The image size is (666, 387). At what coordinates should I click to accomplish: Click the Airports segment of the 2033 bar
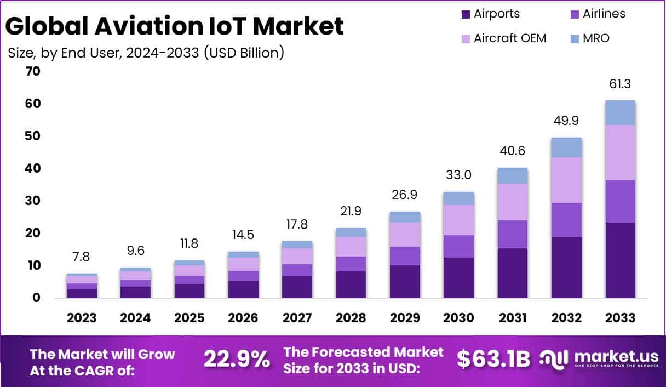pyautogui.click(x=620, y=260)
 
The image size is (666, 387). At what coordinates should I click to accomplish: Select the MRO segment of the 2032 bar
pyautogui.click(x=566, y=147)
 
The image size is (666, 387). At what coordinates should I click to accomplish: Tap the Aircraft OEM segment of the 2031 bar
pyautogui.click(x=513, y=202)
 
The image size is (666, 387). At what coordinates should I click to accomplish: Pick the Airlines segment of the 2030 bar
pyautogui.click(x=459, y=246)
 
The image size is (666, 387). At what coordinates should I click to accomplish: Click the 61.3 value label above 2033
pyautogui.click(x=620, y=84)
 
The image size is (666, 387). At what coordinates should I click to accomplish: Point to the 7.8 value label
pyautogui.click(x=82, y=257)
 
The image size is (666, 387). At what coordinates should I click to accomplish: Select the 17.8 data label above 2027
pyautogui.click(x=297, y=225)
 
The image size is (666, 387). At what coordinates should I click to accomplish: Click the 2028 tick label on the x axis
pyautogui.click(x=351, y=318)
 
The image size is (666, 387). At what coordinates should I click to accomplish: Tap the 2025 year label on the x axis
pyautogui.click(x=190, y=318)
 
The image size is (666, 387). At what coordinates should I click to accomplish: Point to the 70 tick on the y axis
pyautogui.click(x=32, y=71)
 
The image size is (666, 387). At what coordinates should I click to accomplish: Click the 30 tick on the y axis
pyautogui.click(x=32, y=201)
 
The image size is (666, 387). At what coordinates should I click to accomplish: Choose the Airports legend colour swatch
pyautogui.click(x=466, y=14)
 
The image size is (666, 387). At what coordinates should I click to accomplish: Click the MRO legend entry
pyautogui.click(x=596, y=38)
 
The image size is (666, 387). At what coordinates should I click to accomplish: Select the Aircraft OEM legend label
pyautogui.click(x=510, y=38)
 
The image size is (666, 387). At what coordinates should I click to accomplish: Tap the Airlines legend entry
pyautogui.click(x=604, y=14)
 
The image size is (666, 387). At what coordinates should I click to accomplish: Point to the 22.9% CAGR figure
pyautogui.click(x=237, y=360)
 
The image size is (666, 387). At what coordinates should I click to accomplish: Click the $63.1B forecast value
pyautogui.click(x=493, y=359)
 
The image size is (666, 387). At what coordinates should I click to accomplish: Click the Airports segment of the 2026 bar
pyautogui.click(x=243, y=289)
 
